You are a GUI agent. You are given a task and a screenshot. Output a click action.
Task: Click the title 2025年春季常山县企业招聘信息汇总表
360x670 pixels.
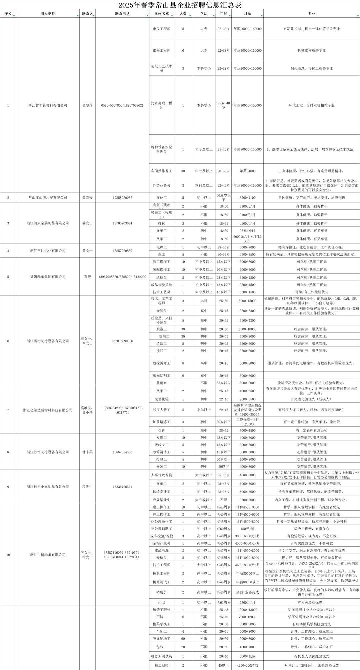(180, 5)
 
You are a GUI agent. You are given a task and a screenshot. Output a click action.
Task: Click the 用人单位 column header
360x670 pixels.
(48, 14)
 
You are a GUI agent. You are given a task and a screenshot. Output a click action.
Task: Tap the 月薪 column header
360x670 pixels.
(247, 14)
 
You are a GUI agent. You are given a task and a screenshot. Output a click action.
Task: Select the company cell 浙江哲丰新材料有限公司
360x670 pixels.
(48, 105)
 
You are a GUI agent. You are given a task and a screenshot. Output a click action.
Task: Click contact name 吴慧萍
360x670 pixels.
(87, 105)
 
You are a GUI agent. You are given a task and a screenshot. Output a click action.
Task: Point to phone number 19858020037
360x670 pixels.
(122, 198)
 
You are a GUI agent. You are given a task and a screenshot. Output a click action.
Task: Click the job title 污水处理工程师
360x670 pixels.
(162, 105)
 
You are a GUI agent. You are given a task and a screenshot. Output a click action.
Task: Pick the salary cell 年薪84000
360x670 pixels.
(247, 171)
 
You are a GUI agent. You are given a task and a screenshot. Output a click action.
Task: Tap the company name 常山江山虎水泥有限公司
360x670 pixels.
(48, 198)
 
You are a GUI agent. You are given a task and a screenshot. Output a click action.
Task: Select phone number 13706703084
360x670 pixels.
(122, 223)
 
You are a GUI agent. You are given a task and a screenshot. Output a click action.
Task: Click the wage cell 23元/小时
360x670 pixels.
(247, 231)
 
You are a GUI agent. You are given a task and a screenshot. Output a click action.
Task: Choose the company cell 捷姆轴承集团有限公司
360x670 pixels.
(48, 277)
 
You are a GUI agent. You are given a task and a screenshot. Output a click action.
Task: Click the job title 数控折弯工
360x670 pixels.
(162, 363)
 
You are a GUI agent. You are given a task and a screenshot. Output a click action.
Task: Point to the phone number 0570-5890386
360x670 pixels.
(122, 341)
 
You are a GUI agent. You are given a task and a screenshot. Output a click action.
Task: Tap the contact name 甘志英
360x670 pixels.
(87, 452)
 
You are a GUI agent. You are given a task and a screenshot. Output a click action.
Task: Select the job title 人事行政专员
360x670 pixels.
(162, 475)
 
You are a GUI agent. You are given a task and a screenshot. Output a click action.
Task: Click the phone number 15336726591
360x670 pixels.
(122, 487)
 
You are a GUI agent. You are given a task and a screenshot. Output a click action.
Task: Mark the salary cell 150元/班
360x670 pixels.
(247, 529)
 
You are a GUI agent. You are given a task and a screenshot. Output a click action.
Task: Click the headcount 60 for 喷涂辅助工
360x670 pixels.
(183, 639)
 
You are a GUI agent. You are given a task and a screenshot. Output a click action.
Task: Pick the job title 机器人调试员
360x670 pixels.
(162, 656)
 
